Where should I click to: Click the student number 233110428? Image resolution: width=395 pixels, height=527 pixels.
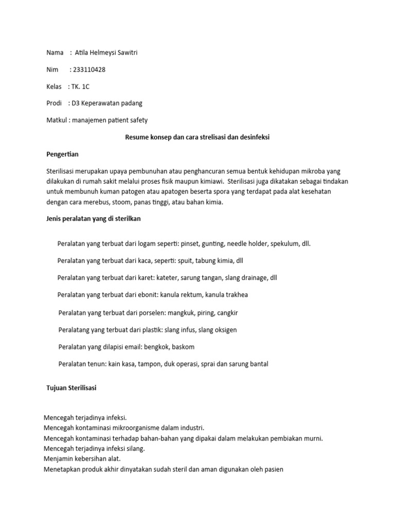coord(91,69)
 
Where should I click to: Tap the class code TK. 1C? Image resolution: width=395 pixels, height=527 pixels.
coord(80,86)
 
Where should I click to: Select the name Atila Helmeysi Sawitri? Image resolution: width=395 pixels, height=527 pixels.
coord(106,52)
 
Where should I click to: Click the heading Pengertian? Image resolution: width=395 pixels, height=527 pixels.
coord(62,154)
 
